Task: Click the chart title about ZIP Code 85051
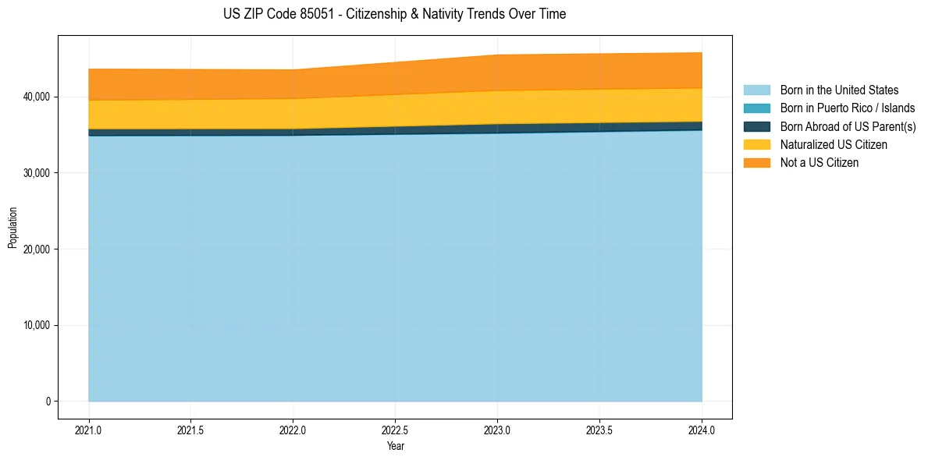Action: coord(394,14)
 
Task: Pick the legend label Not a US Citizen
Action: coord(820,163)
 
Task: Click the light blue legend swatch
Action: coord(756,90)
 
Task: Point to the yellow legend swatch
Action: coord(756,145)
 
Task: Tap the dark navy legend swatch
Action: coord(756,126)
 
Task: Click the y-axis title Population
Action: coord(12,228)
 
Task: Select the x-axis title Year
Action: coord(395,447)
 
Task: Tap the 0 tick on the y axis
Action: coord(47,402)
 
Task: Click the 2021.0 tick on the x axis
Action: coord(89,430)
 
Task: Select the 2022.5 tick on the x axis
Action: coord(396,430)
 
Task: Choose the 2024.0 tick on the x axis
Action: coord(702,430)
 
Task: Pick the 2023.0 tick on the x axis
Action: coord(497,430)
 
